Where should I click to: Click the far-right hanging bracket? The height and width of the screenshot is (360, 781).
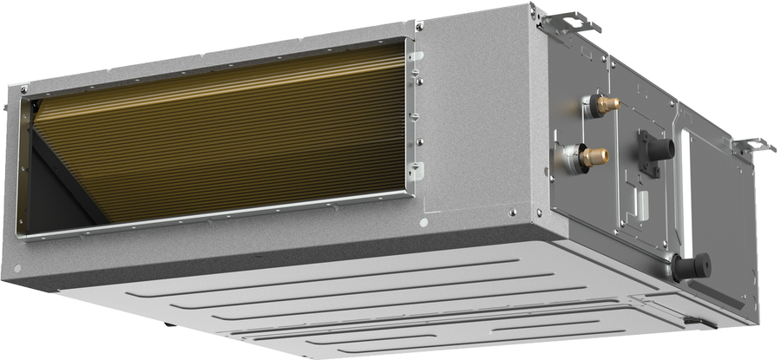(753, 146)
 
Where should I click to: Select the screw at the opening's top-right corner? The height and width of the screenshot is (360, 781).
(419, 27)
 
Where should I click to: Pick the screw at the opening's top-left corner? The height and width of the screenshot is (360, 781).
(24, 88)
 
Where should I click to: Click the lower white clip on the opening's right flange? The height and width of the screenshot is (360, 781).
(417, 170)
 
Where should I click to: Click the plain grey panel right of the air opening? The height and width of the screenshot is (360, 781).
(473, 121)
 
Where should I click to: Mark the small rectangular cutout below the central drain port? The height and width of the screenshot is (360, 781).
(641, 201)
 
